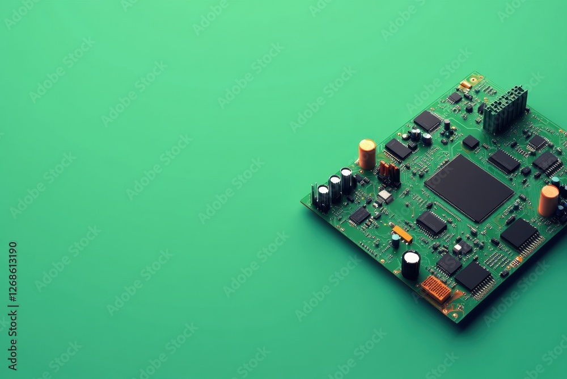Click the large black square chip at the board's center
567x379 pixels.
tap(469, 188)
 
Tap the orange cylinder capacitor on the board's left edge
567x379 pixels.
tap(367, 155)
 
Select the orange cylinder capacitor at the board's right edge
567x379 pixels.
tap(548, 201)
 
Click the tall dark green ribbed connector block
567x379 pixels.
tap(505, 109)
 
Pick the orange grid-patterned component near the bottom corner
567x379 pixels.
tap(435, 289)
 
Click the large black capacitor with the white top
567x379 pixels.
tap(411, 265)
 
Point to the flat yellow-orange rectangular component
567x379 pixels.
tap(403, 234)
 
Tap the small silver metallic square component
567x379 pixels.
tap(385, 197)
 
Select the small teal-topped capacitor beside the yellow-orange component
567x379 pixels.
tap(396, 240)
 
